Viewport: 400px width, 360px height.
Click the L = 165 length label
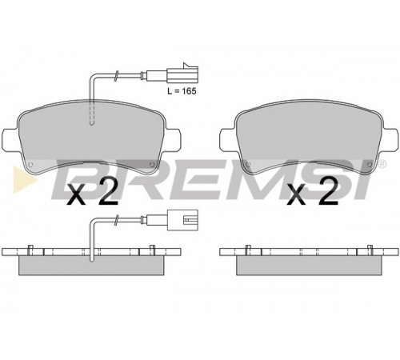click(x=182, y=91)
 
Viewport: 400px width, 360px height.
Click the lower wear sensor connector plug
click(x=182, y=220)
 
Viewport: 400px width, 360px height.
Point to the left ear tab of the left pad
click(x=10, y=139)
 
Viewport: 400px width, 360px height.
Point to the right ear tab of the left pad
click(x=173, y=139)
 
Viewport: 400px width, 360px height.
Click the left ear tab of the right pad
click(x=228, y=139)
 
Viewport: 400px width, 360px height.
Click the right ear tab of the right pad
click(x=390, y=139)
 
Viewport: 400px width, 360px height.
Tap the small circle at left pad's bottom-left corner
click(x=30, y=164)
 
